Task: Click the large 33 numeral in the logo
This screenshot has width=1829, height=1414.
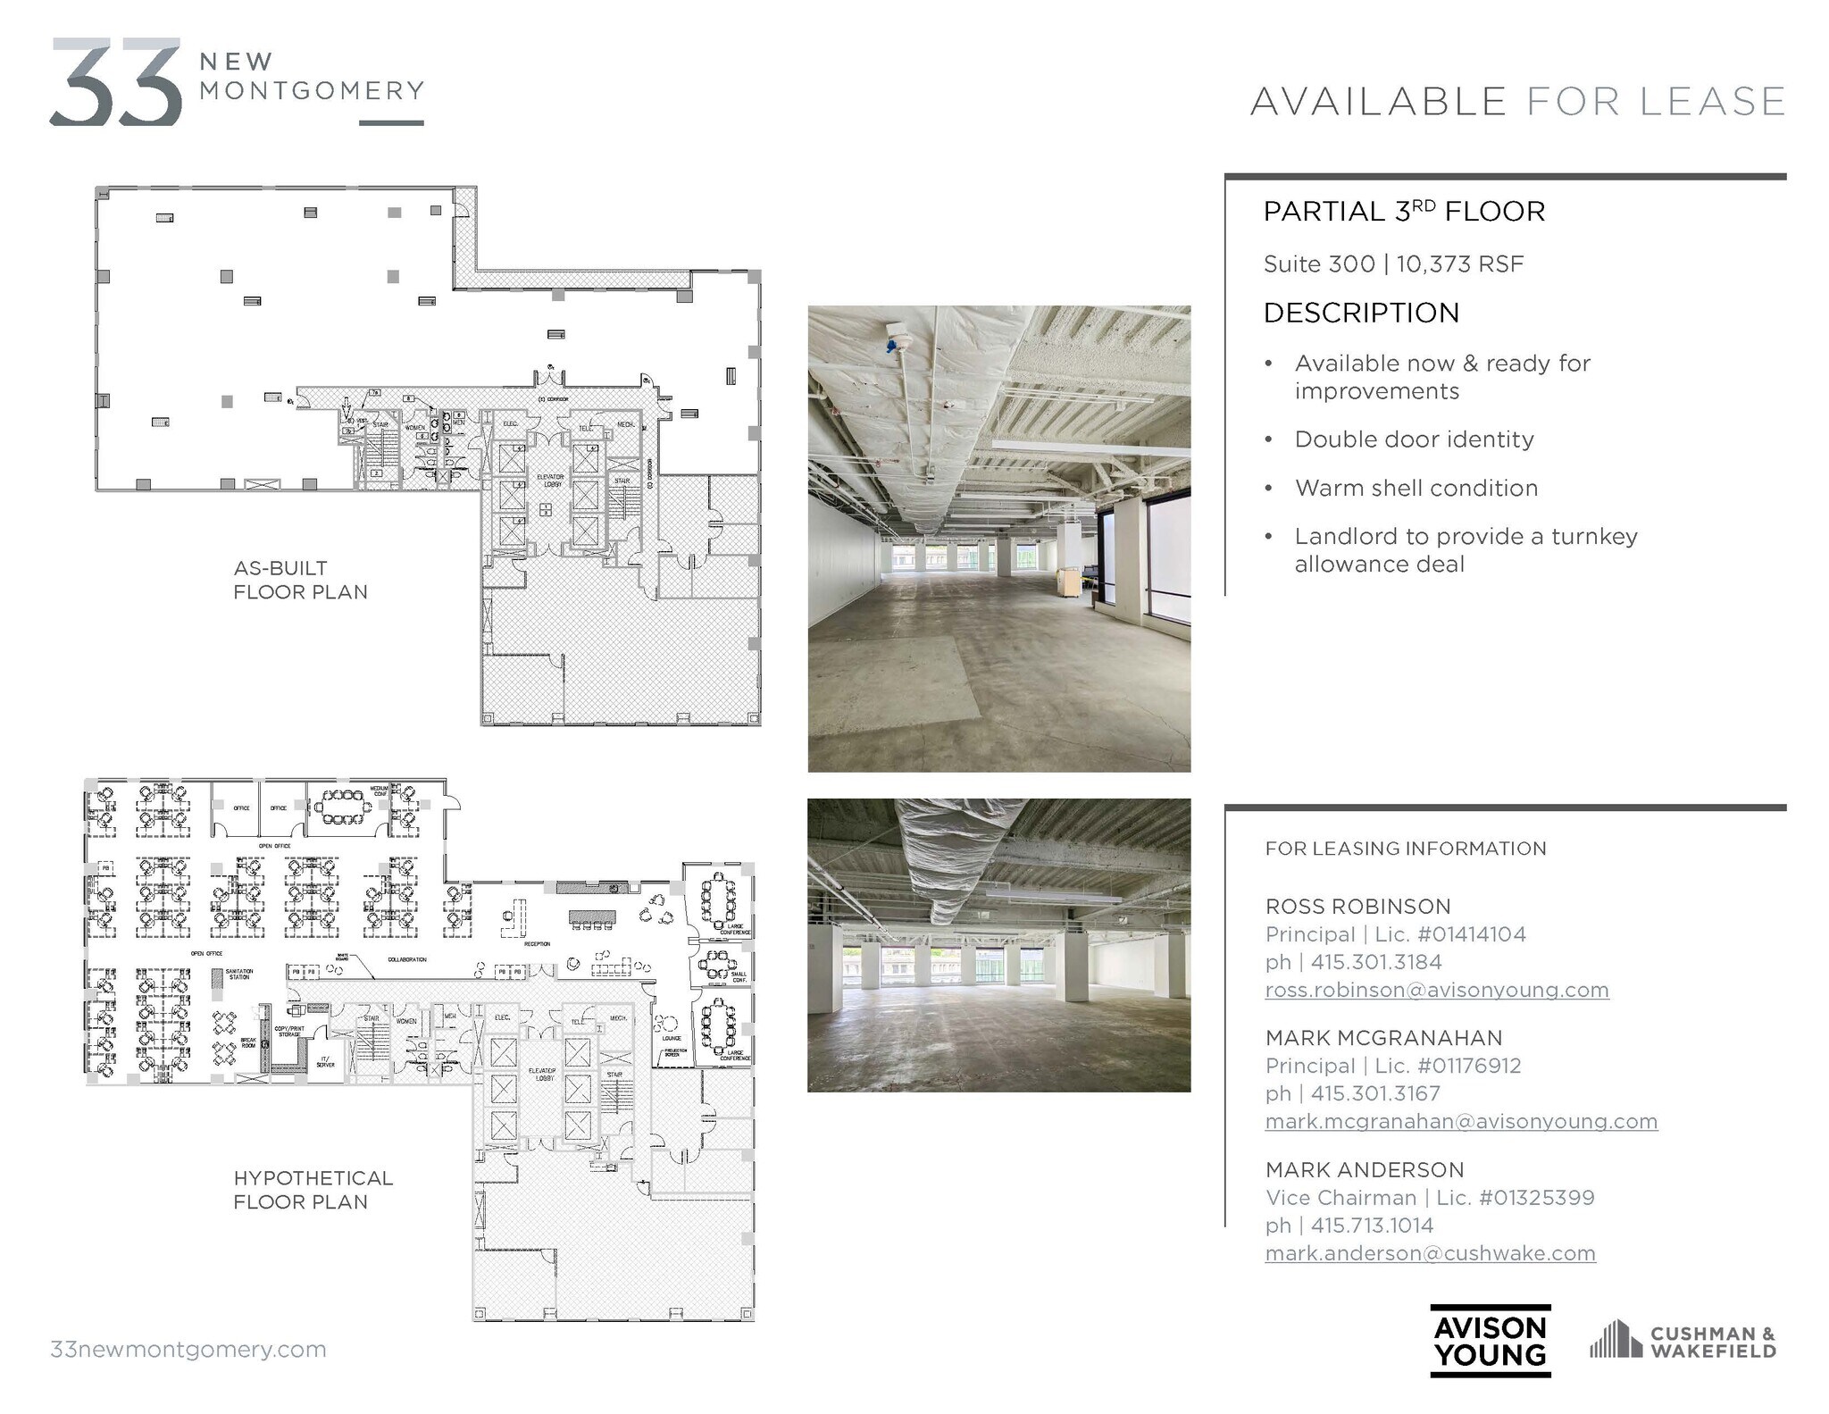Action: [x=116, y=82]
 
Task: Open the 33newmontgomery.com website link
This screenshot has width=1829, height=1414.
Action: [x=188, y=1349]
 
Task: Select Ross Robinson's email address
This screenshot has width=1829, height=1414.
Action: [x=1437, y=990]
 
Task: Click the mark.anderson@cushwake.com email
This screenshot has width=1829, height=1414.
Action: [x=1430, y=1253]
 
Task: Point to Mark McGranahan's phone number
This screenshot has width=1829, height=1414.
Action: [x=1375, y=1093]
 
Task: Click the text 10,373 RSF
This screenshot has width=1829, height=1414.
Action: [x=1460, y=264]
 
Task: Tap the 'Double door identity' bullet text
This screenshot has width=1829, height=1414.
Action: [x=1415, y=439]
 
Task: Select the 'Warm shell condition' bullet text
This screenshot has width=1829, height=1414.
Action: [x=1416, y=488]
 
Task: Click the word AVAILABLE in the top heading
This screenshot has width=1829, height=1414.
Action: [x=1378, y=102]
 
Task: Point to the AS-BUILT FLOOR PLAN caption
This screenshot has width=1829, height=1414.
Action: [x=300, y=580]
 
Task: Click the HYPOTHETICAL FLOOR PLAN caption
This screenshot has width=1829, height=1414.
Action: [x=313, y=1190]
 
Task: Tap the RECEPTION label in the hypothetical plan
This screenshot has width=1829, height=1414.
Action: [x=537, y=944]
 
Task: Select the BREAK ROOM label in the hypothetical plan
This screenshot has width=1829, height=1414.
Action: [x=248, y=1042]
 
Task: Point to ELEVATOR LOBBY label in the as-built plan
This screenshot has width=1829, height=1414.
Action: [x=550, y=480]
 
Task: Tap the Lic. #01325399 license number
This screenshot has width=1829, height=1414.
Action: [x=1537, y=1198]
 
